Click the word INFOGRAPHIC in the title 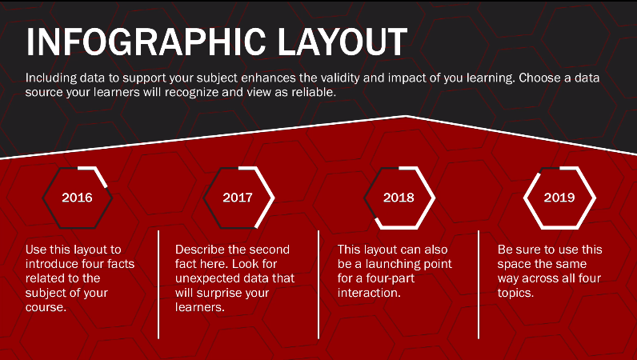(x=146, y=42)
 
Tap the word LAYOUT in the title (x=343, y=42)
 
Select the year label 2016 (x=77, y=198)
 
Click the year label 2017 (x=238, y=198)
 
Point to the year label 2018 (x=399, y=198)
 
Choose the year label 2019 (x=559, y=198)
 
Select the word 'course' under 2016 (x=45, y=307)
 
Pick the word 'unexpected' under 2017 (x=203, y=278)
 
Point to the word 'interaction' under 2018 (x=368, y=293)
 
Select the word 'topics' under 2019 (x=515, y=293)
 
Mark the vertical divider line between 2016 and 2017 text (x=158, y=285)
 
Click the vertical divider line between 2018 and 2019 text (x=479, y=285)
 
